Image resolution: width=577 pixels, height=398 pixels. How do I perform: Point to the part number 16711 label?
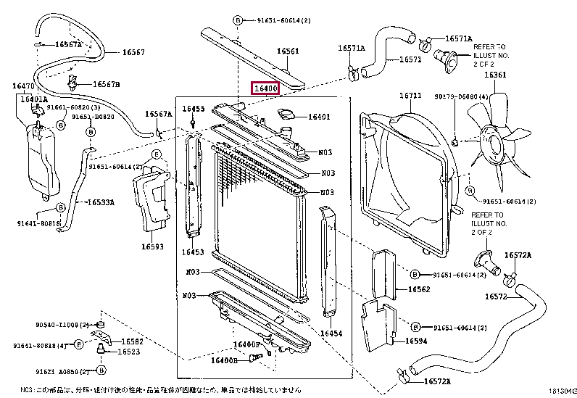(410, 96)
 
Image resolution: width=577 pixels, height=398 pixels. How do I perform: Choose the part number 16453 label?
(192, 252)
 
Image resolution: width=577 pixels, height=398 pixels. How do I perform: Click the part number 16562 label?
(418, 289)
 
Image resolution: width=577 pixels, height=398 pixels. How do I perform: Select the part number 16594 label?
(415, 340)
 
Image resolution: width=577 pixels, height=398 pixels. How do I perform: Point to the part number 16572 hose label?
(495, 297)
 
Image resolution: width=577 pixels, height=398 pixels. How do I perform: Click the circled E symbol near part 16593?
(155, 154)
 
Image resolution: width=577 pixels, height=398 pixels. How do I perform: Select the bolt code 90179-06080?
(461, 96)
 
